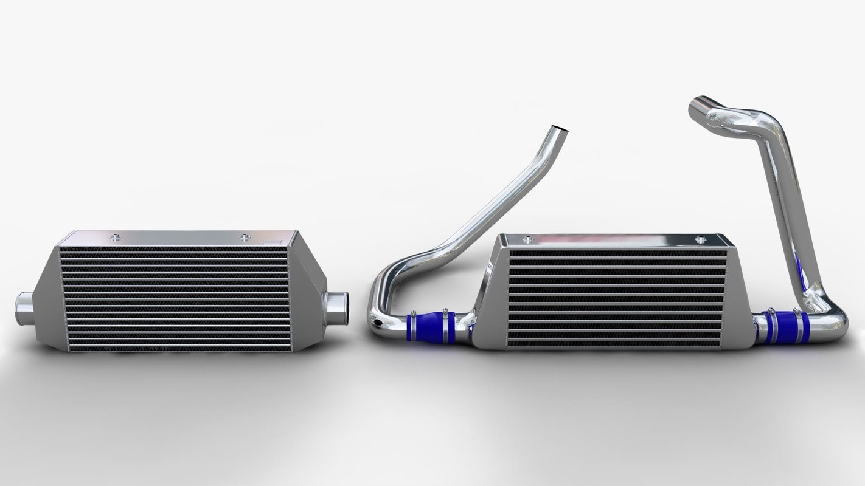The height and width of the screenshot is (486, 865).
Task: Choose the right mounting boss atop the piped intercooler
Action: pyautogui.click(x=699, y=239)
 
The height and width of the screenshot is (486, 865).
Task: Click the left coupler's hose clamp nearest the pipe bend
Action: pyautogui.click(x=412, y=326)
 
